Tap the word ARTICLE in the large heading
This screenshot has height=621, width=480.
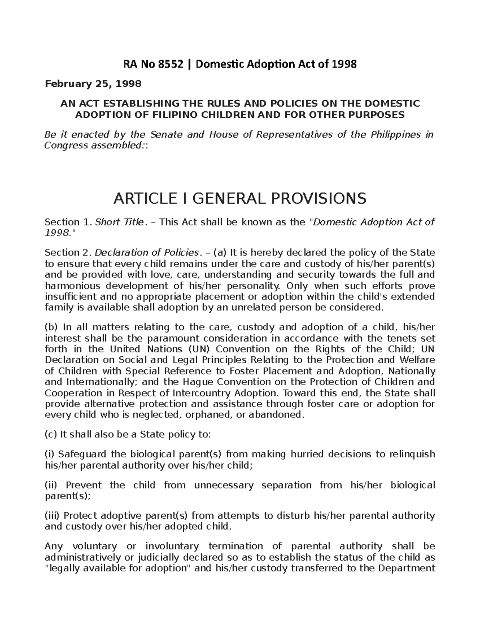click(140, 198)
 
